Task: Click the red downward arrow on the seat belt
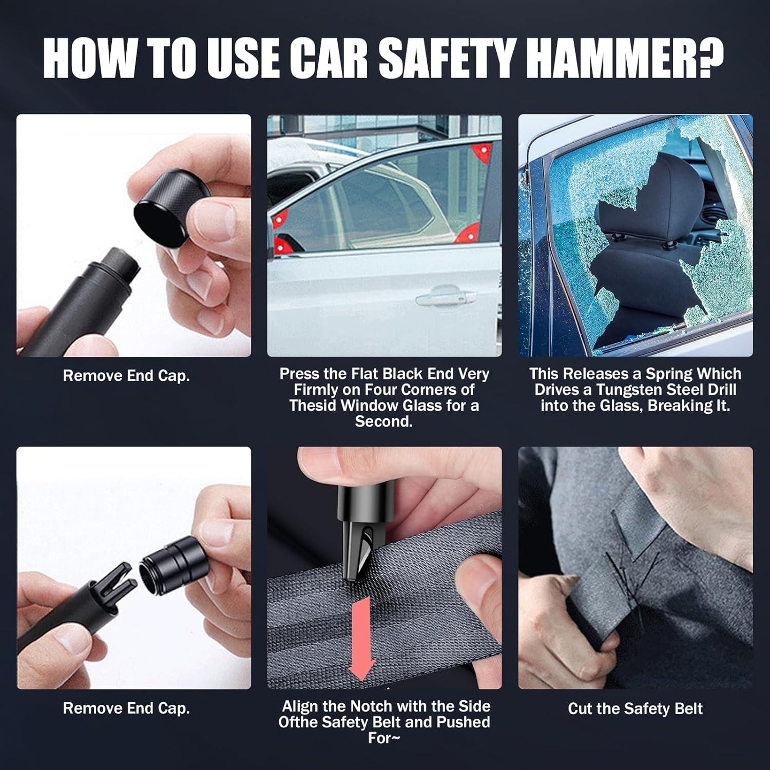click(361, 641)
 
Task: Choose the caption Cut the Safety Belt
click(635, 709)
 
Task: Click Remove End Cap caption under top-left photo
click(126, 376)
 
